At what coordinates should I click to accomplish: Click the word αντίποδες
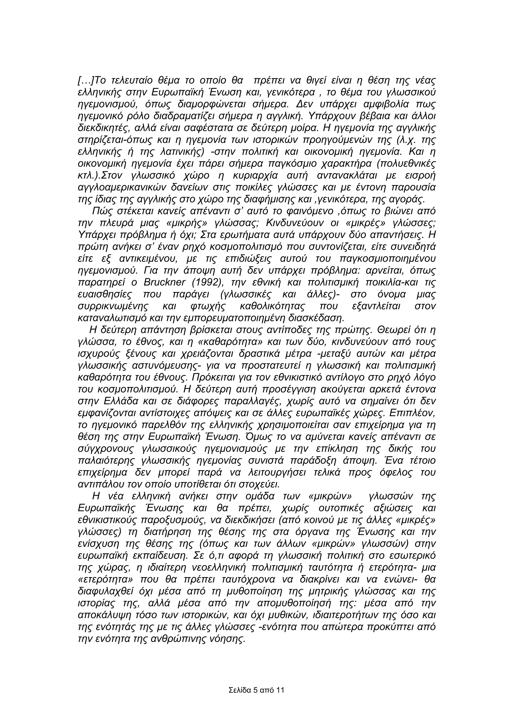click(x=280, y=330)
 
